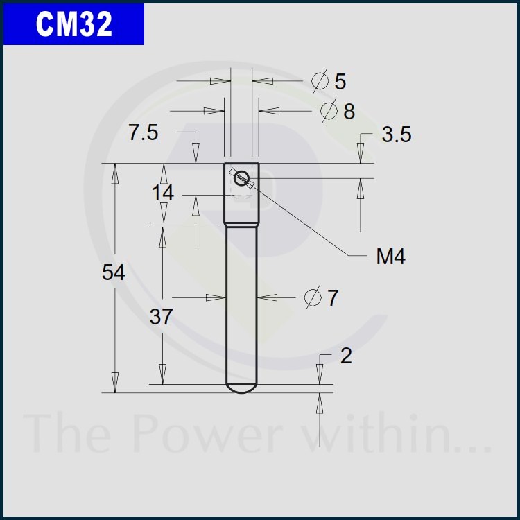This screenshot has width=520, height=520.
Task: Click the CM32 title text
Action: [x=74, y=24]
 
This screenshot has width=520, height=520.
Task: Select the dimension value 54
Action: [x=114, y=272]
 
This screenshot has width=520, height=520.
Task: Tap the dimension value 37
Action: [x=161, y=316]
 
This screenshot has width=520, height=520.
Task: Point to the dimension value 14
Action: [x=162, y=193]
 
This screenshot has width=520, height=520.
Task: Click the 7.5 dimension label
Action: [x=144, y=132]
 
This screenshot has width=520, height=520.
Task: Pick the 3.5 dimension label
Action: [x=397, y=135]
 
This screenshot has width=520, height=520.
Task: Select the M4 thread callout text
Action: [x=390, y=257]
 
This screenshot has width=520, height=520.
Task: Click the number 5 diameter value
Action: [x=340, y=81]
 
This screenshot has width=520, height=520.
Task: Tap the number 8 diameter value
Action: [x=349, y=111]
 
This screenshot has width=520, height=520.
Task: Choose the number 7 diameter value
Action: [x=333, y=297]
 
